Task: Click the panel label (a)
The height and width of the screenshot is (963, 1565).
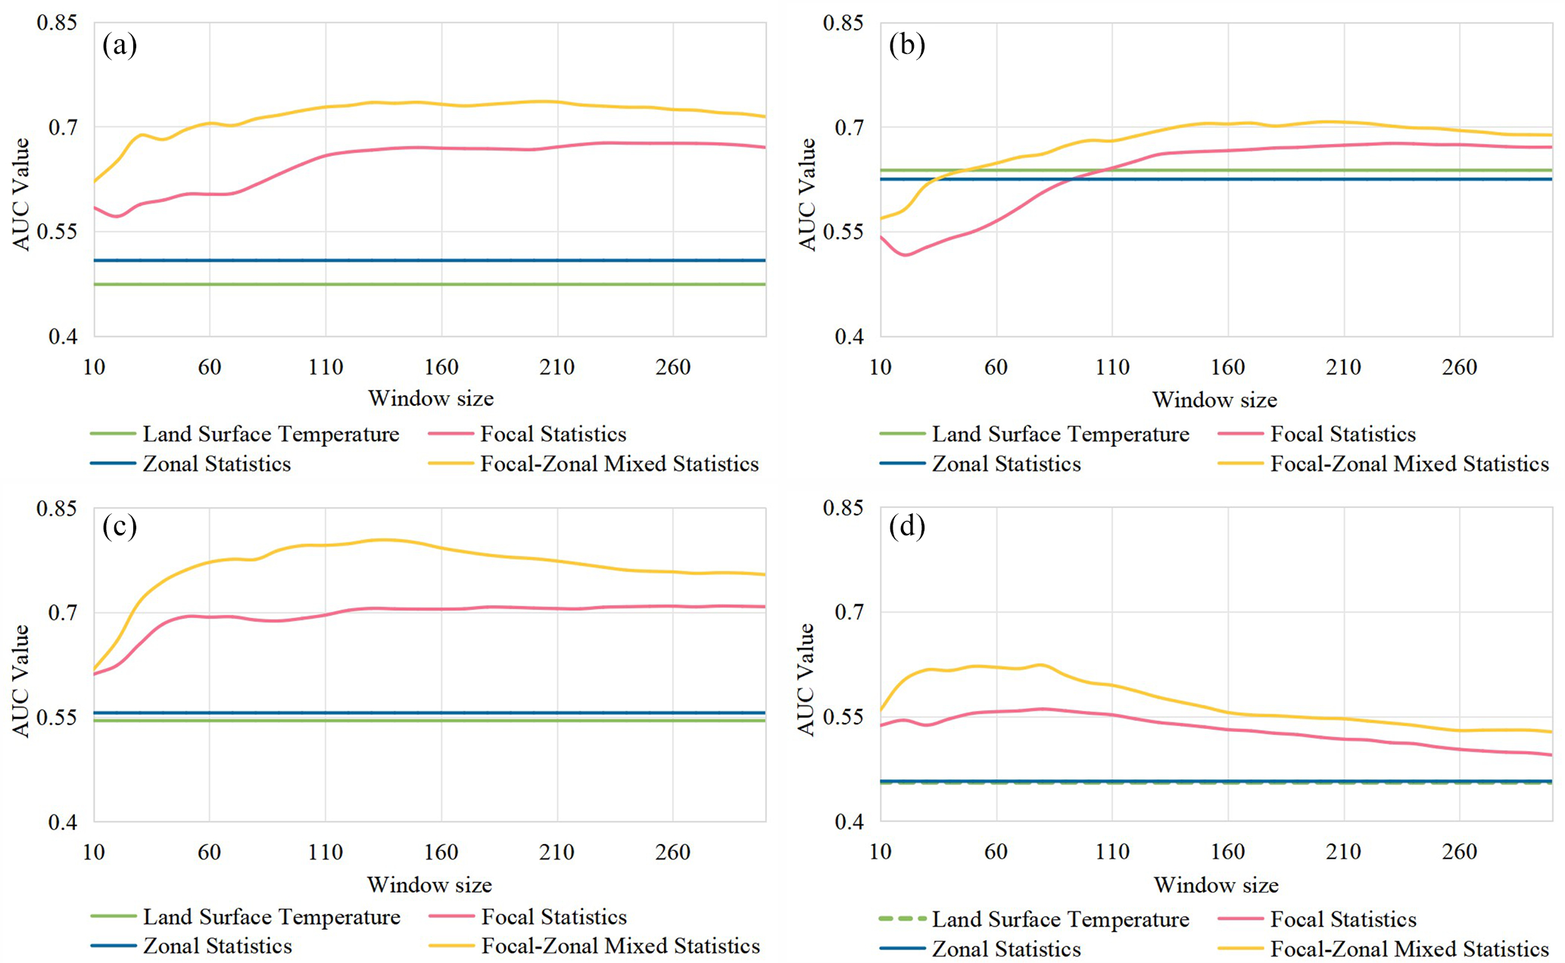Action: pos(120,45)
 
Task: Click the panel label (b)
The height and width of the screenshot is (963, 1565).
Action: pos(907,45)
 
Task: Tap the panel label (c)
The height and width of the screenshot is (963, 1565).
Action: pos(120,526)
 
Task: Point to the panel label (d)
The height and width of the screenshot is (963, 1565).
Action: pos(907,526)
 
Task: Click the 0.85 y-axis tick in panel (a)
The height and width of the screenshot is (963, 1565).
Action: pos(57,23)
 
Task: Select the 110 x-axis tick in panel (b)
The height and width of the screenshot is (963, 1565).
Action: pos(1111,368)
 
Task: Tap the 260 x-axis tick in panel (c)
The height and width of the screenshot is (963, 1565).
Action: pos(672,852)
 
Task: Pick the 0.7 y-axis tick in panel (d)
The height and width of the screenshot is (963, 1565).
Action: pos(848,612)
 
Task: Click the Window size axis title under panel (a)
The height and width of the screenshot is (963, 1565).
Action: pos(430,398)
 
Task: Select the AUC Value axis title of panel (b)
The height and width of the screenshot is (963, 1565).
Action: pos(807,194)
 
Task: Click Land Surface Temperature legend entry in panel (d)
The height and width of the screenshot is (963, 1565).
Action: pos(1060,920)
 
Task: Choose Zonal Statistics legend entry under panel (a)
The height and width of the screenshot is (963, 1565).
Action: pos(217,464)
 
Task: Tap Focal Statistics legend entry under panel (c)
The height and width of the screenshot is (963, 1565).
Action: pos(554,918)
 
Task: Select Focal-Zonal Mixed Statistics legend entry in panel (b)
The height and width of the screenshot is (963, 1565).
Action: pos(1409,464)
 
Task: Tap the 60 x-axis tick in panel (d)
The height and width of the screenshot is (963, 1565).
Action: pos(996,852)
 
